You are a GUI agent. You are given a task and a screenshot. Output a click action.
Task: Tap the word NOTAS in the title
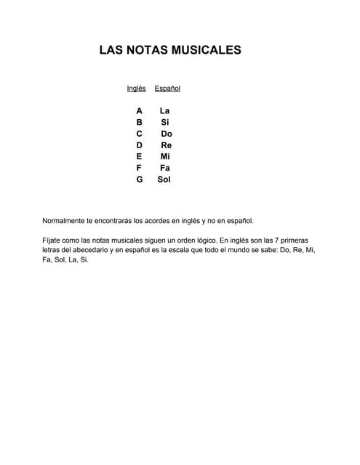point(145,50)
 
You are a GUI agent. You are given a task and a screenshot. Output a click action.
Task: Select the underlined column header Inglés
point(136,89)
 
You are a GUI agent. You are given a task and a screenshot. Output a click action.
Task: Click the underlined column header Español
point(167,89)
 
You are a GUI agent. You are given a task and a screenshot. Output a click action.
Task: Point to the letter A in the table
point(139,111)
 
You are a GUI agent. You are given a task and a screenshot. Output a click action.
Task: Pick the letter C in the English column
point(139,134)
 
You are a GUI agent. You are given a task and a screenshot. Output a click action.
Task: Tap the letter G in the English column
point(139,179)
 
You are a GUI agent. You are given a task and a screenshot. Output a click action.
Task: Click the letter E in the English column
point(139,156)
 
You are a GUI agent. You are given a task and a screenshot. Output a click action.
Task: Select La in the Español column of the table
point(165,111)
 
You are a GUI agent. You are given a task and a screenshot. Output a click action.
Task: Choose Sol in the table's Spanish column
point(164,179)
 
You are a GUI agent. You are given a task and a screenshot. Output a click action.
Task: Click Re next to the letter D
point(167,145)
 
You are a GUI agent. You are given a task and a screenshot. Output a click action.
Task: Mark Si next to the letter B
point(165,123)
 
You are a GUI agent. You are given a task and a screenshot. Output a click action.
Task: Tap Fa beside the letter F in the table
point(165,168)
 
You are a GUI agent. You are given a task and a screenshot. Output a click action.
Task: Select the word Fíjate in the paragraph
point(54,239)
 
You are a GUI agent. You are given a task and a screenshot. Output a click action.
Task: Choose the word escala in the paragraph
point(175,249)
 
